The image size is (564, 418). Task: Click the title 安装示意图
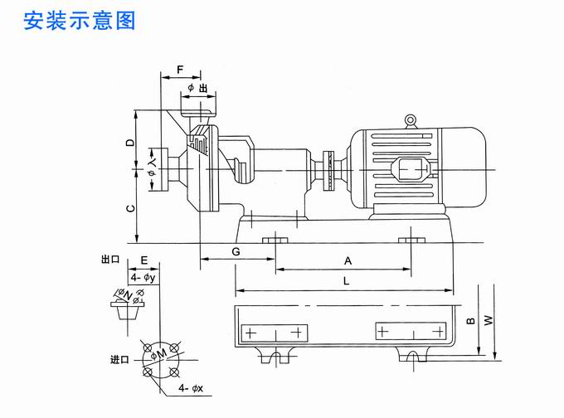click(80, 19)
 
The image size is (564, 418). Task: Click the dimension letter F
click(180, 69)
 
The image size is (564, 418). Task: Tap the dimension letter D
click(130, 143)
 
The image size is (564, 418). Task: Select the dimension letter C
click(130, 209)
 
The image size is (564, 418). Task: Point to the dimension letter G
click(236, 250)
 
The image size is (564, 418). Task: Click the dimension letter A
click(348, 260)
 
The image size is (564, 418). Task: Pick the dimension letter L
click(345, 281)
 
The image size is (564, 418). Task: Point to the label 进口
click(120, 360)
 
